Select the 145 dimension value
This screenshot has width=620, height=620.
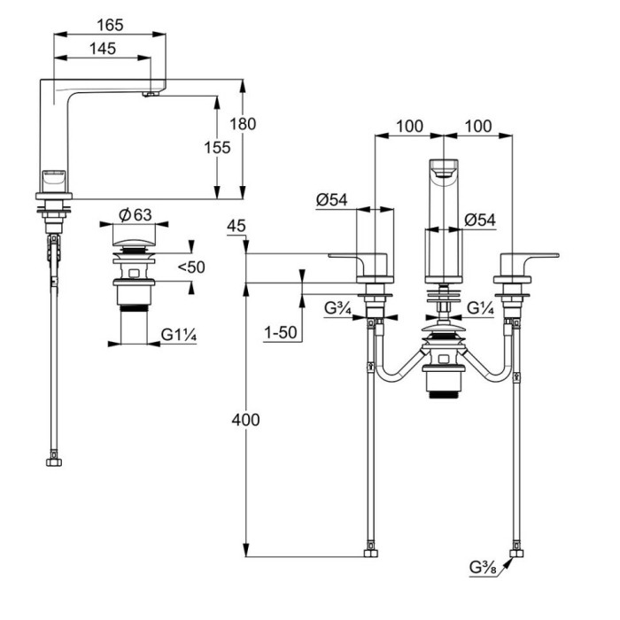[x=103, y=50]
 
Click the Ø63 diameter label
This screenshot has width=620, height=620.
[x=136, y=214]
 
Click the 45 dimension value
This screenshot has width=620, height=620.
[x=236, y=228]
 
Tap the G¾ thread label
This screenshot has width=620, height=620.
[x=337, y=309]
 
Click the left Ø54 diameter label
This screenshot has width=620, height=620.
[x=332, y=200]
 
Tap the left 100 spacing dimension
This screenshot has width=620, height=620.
[x=408, y=127]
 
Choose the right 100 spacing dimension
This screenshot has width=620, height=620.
[x=477, y=127]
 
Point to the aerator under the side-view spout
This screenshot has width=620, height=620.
[x=153, y=90]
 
